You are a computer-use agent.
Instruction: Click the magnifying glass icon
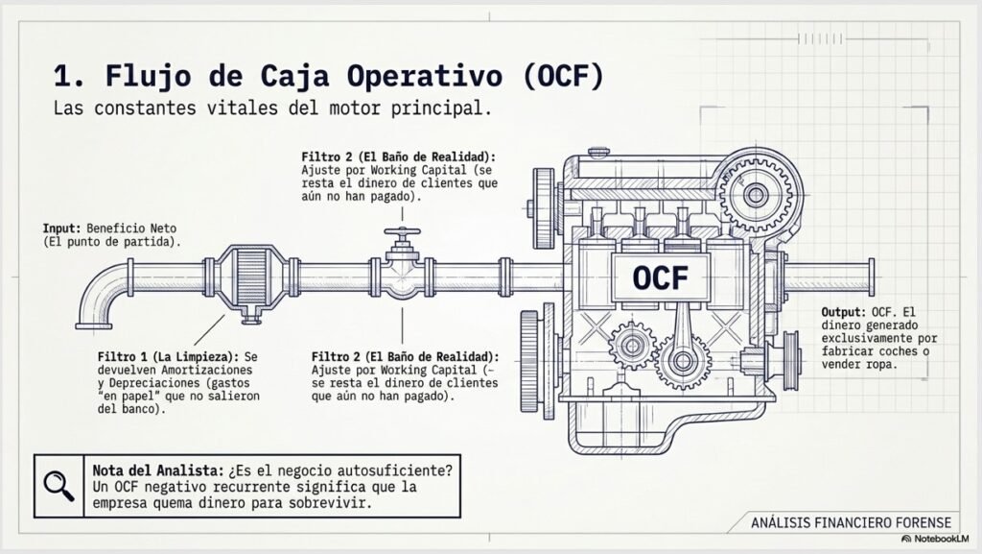(x=58, y=487)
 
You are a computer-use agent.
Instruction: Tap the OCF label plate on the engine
(x=660, y=277)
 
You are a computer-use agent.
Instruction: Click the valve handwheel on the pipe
(x=402, y=232)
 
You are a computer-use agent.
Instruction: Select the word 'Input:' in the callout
(x=62, y=229)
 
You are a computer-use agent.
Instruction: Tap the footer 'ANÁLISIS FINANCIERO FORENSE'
(x=852, y=522)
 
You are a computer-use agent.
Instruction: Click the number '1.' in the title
(x=69, y=76)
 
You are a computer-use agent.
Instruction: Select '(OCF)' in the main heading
(x=562, y=76)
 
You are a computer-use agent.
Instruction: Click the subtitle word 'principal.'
(x=441, y=108)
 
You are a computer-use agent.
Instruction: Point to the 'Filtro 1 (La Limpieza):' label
(x=168, y=356)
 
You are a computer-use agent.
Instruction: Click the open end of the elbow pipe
(x=94, y=325)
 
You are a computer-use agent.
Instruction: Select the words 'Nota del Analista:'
(x=158, y=470)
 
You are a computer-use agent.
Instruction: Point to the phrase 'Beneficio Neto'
(x=131, y=229)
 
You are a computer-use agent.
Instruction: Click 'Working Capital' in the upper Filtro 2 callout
(x=418, y=170)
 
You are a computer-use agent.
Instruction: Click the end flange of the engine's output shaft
(x=872, y=277)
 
